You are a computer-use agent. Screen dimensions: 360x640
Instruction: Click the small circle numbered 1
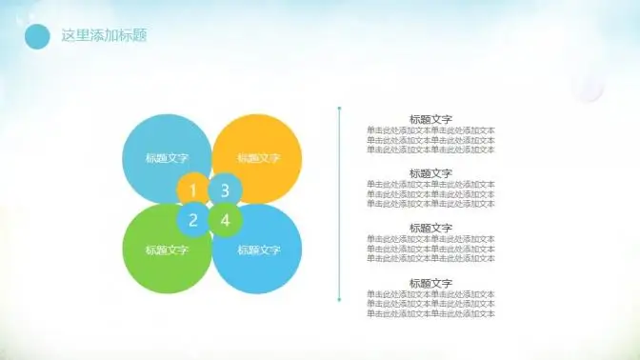tap(192, 190)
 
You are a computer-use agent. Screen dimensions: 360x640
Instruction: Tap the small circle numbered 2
tap(192, 221)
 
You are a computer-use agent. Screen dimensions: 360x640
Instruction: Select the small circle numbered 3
tap(225, 190)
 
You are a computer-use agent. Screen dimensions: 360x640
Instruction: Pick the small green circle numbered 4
tap(225, 221)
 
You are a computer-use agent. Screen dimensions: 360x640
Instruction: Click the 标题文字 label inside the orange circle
tap(259, 158)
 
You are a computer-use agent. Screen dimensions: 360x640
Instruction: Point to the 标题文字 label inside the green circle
tap(167, 250)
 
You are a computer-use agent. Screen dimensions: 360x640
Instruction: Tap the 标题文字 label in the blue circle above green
tap(167, 158)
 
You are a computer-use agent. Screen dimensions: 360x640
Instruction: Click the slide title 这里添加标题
tap(103, 36)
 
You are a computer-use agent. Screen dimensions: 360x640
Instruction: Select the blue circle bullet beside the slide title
tap(37, 36)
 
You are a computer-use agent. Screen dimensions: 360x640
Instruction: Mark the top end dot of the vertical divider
tap(339, 108)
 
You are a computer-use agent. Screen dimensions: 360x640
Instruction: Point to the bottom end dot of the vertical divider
tap(339, 300)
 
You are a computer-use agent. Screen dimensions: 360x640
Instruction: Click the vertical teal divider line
tap(339, 205)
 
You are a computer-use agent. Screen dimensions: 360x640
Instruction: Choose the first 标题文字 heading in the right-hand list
tap(430, 119)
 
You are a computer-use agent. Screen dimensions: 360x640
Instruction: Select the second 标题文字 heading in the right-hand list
tap(430, 173)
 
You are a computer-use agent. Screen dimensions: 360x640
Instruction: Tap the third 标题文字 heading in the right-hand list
tap(430, 228)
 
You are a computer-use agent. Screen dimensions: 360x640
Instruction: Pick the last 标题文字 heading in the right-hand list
tap(430, 283)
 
